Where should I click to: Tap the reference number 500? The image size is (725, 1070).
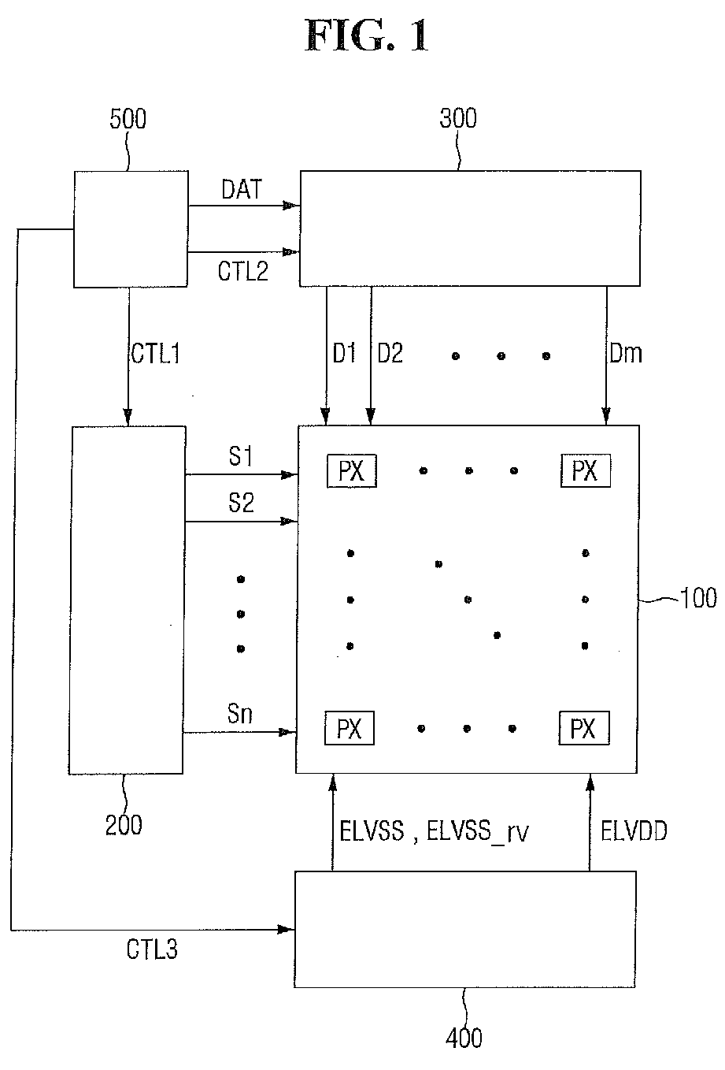128,118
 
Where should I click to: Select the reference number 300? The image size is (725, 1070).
457,117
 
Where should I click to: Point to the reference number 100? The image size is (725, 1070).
698,597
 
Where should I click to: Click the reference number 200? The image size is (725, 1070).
124,825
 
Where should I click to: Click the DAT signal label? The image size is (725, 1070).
242,189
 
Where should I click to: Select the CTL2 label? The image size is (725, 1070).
243,271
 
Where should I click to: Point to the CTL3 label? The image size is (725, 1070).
152,949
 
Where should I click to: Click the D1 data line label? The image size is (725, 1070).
344,354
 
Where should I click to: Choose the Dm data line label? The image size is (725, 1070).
625,354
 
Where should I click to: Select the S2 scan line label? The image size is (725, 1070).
241,503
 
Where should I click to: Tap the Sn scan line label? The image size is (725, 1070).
239,714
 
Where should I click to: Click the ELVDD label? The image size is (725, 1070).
634,830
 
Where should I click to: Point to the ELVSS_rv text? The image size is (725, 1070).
477,831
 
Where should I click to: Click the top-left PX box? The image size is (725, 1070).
352,471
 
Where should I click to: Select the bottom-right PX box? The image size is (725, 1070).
584,729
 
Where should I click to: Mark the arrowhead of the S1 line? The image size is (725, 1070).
290,475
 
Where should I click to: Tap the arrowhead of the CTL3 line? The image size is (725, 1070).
286,930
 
